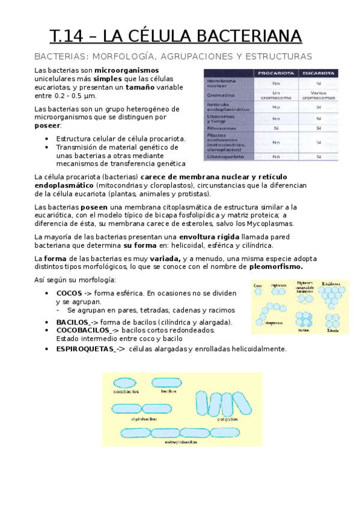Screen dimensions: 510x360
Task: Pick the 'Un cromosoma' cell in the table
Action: coord(276,95)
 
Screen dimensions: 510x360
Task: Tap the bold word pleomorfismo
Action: coord(275,267)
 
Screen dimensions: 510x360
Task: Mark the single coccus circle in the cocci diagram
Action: coord(258,292)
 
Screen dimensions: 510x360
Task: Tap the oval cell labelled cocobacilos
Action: coord(126,382)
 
